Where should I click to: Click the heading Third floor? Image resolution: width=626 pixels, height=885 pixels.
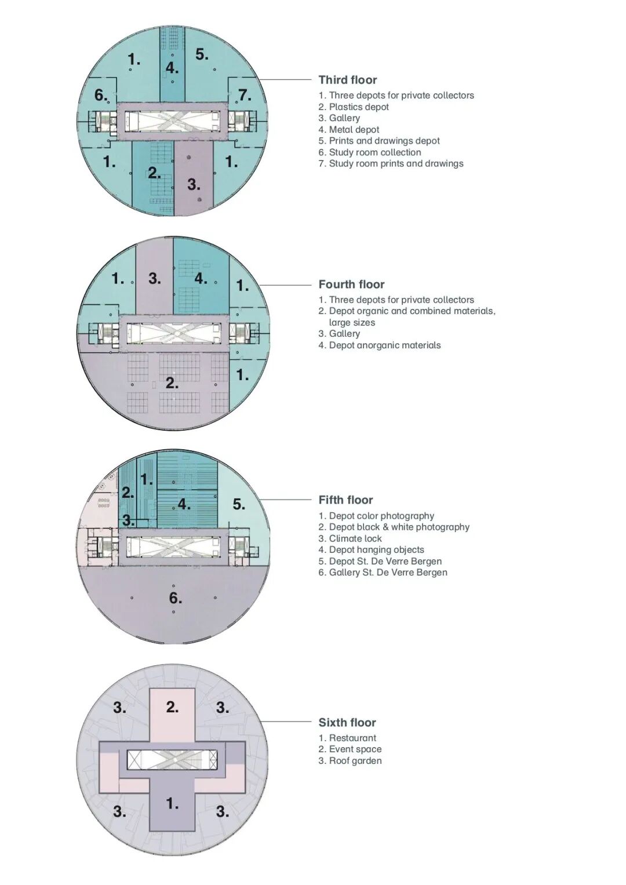pos(347,80)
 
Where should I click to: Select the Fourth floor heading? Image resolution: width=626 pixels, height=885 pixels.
pos(351,285)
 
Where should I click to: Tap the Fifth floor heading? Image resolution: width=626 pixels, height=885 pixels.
pos(345,500)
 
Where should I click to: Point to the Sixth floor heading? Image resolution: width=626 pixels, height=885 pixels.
pos(347,723)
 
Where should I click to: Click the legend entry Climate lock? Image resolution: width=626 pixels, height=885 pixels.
pos(350,538)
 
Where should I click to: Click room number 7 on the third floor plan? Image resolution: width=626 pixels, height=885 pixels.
pos(245,95)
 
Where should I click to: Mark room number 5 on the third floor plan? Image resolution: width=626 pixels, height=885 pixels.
pos(202,54)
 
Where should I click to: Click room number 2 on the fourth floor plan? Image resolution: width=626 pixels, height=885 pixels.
pos(172,383)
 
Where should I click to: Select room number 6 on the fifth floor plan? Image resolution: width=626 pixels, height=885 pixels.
pos(176,598)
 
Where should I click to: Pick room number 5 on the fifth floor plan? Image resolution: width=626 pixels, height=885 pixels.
pos(239,504)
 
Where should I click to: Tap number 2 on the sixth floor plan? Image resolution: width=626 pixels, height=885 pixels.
pos(173,707)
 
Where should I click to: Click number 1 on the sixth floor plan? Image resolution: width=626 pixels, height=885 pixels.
pos(173,804)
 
